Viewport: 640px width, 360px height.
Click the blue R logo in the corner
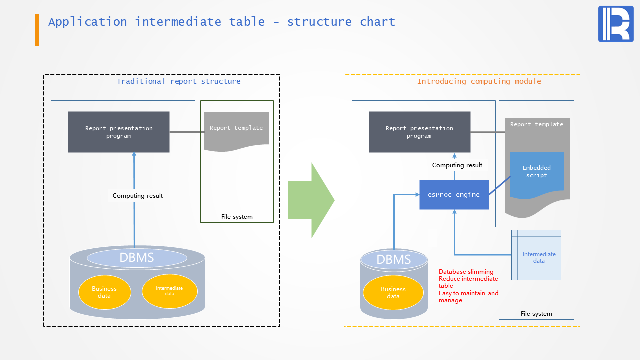coord(615,24)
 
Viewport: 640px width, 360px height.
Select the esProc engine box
coord(454,195)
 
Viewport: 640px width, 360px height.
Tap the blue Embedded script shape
coord(537,173)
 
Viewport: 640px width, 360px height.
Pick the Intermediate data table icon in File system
coord(536,255)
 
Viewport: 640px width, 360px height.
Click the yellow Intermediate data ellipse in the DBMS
coord(169,291)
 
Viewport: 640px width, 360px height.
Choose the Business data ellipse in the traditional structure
coord(104,292)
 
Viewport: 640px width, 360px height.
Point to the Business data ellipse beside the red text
coord(393,292)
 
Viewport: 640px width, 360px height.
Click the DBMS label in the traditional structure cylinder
coord(136,258)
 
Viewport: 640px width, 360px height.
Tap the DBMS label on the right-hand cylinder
coord(393,259)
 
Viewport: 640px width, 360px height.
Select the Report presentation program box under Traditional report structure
coord(119,132)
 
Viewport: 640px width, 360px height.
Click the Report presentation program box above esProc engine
coord(419,132)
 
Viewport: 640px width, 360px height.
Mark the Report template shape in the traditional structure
coord(236,130)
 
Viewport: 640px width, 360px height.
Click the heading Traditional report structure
coord(178,81)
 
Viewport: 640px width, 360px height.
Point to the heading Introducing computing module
coord(479,81)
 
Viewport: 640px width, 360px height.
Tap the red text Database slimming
coord(466,272)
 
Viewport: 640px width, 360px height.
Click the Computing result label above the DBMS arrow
coord(138,196)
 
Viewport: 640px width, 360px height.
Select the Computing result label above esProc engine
coord(457,165)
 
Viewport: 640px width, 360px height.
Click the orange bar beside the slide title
coord(37,30)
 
